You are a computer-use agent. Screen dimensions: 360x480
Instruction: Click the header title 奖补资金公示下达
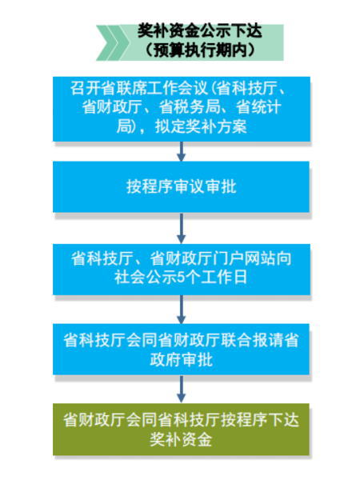click(199, 31)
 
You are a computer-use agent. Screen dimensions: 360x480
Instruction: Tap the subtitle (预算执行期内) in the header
click(199, 50)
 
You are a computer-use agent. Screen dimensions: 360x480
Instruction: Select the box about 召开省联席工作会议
click(182, 109)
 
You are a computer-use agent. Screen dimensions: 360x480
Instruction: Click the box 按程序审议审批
click(182, 186)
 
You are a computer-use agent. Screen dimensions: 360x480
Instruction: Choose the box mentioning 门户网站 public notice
click(182, 270)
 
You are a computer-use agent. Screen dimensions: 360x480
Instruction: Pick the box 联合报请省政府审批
click(182, 350)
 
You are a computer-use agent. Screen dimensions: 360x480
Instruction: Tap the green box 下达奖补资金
click(182, 430)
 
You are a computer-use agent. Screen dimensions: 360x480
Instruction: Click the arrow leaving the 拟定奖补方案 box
click(182, 151)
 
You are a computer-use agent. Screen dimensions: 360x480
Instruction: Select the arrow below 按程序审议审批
click(182, 228)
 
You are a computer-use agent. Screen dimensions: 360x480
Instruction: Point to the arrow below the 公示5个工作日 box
click(182, 310)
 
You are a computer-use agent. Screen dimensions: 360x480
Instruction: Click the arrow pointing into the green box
click(182, 389)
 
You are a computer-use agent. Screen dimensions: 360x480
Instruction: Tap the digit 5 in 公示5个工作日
click(182, 278)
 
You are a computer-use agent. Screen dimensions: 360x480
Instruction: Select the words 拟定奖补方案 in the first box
click(201, 126)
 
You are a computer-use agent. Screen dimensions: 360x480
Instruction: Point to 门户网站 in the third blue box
click(242, 258)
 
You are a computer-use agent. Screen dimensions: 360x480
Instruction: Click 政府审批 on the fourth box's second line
click(182, 359)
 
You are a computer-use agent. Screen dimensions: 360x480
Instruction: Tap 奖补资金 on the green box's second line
click(182, 439)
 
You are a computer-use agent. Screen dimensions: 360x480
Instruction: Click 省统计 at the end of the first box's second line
click(259, 107)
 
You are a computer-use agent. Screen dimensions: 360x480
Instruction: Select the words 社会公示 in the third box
click(146, 278)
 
